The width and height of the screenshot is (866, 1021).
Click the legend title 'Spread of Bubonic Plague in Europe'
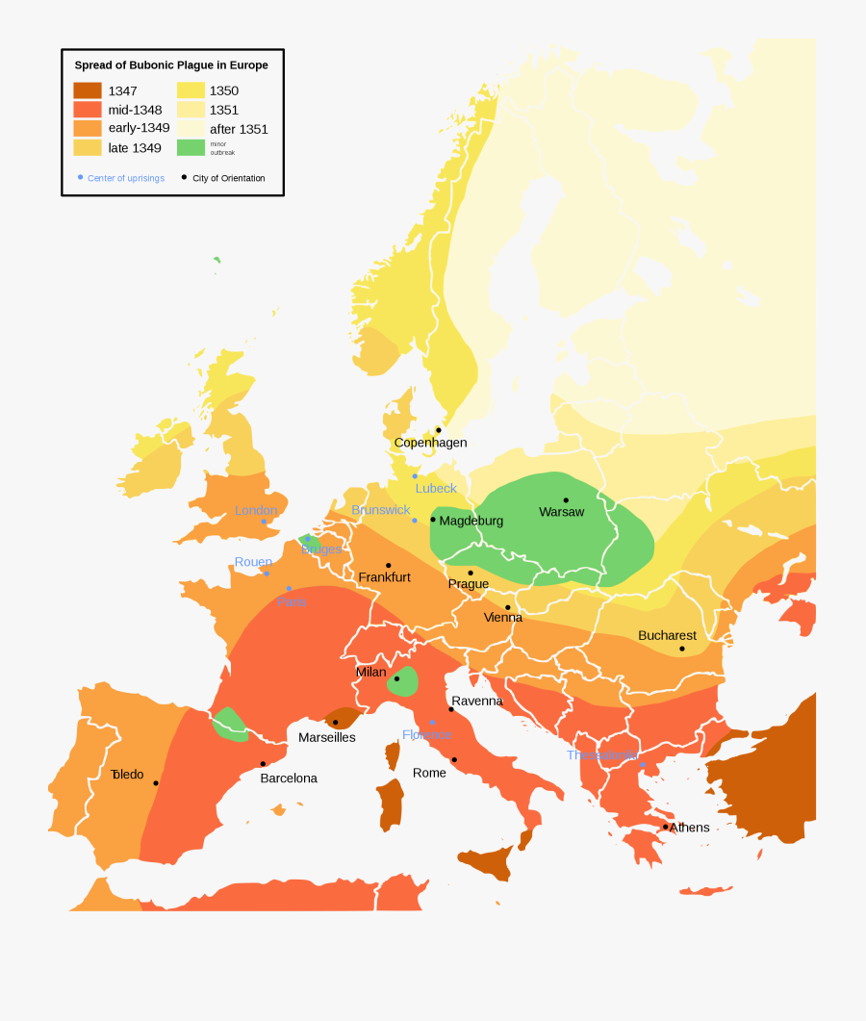click(x=171, y=65)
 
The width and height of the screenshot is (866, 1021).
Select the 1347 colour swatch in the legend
click(x=88, y=90)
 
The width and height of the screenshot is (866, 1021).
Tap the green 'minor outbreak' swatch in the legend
click(x=191, y=147)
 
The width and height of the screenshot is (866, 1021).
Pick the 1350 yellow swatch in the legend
click(x=191, y=90)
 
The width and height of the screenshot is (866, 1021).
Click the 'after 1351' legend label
click(x=239, y=129)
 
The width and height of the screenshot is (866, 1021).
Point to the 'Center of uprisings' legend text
click(x=126, y=178)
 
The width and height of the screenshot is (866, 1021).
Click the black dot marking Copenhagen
click(x=439, y=430)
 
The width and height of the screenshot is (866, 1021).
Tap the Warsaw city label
click(x=561, y=512)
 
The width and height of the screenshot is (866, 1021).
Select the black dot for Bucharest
click(x=682, y=649)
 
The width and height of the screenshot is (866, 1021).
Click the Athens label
click(x=689, y=828)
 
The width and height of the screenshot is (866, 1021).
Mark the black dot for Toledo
click(x=156, y=783)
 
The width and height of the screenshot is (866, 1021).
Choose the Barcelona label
click(x=289, y=778)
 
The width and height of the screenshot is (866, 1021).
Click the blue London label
click(x=256, y=510)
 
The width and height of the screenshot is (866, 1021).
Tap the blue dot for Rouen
click(x=267, y=574)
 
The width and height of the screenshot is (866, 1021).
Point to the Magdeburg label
click(x=471, y=521)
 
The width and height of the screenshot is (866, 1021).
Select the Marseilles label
click(x=326, y=737)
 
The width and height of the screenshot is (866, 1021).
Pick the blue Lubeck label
click(x=436, y=488)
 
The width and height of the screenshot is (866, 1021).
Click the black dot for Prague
click(x=471, y=573)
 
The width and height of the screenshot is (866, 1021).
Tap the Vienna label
click(x=502, y=617)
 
